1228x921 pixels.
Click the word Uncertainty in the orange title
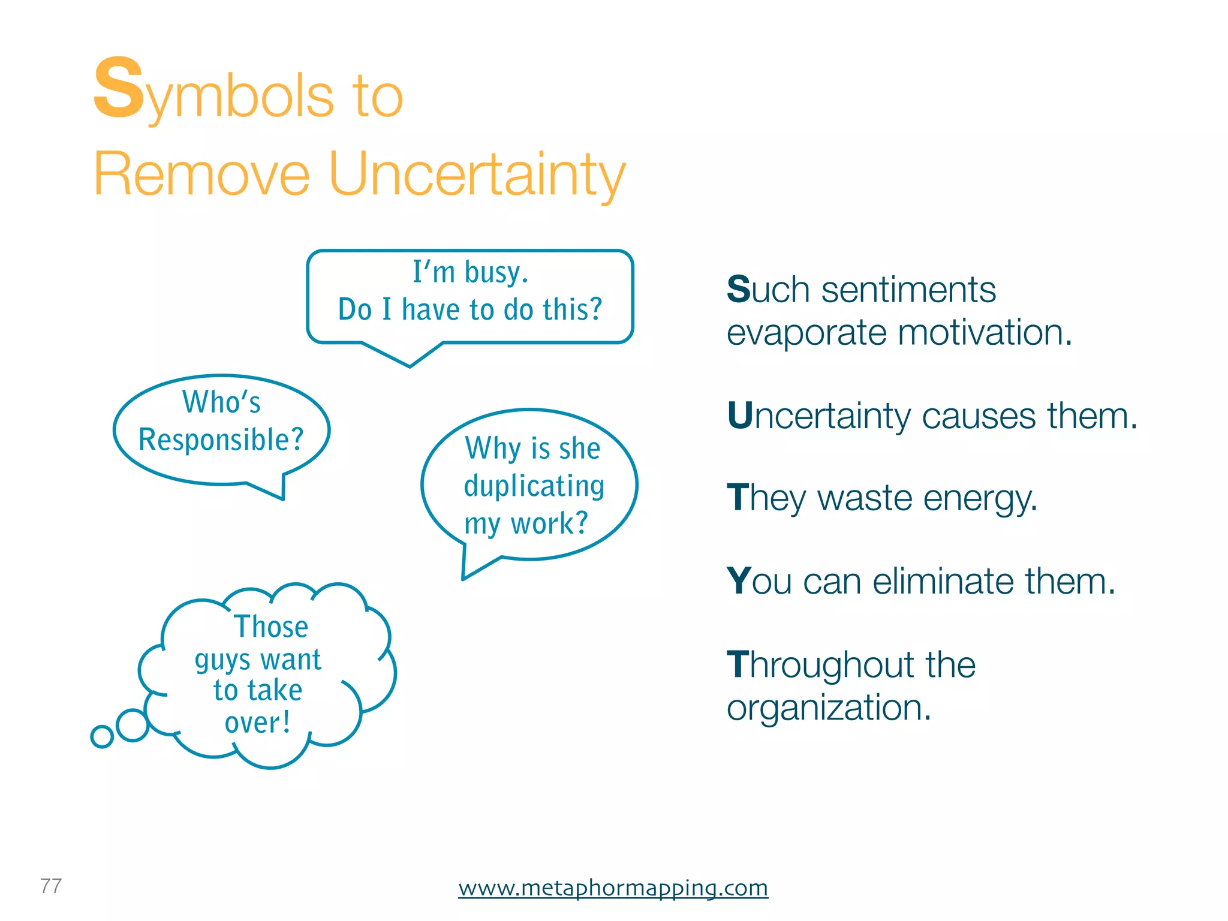pyautogui.click(x=477, y=174)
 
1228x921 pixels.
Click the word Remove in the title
pyautogui.click(x=201, y=174)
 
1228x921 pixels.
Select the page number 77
pyautogui.click(x=51, y=886)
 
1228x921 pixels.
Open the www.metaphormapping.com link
pyautogui.click(x=613, y=887)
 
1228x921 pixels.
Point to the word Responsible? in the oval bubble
pyautogui.click(x=221, y=440)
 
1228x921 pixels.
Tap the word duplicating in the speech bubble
pyautogui.click(x=534, y=486)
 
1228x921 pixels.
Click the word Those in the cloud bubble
pyautogui.click(x=271, y=627)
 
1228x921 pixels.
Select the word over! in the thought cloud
pyautogui.click(x=258, y=723)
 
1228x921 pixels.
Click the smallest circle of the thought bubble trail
pyautogui.click(x=102, y=736)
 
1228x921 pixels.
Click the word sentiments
pyautogui.click(x=908, y=290)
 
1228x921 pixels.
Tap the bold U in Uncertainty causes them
pyautogui.click(x=740, y=416)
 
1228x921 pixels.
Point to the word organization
pyautogui.click(x=828, y=708)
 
